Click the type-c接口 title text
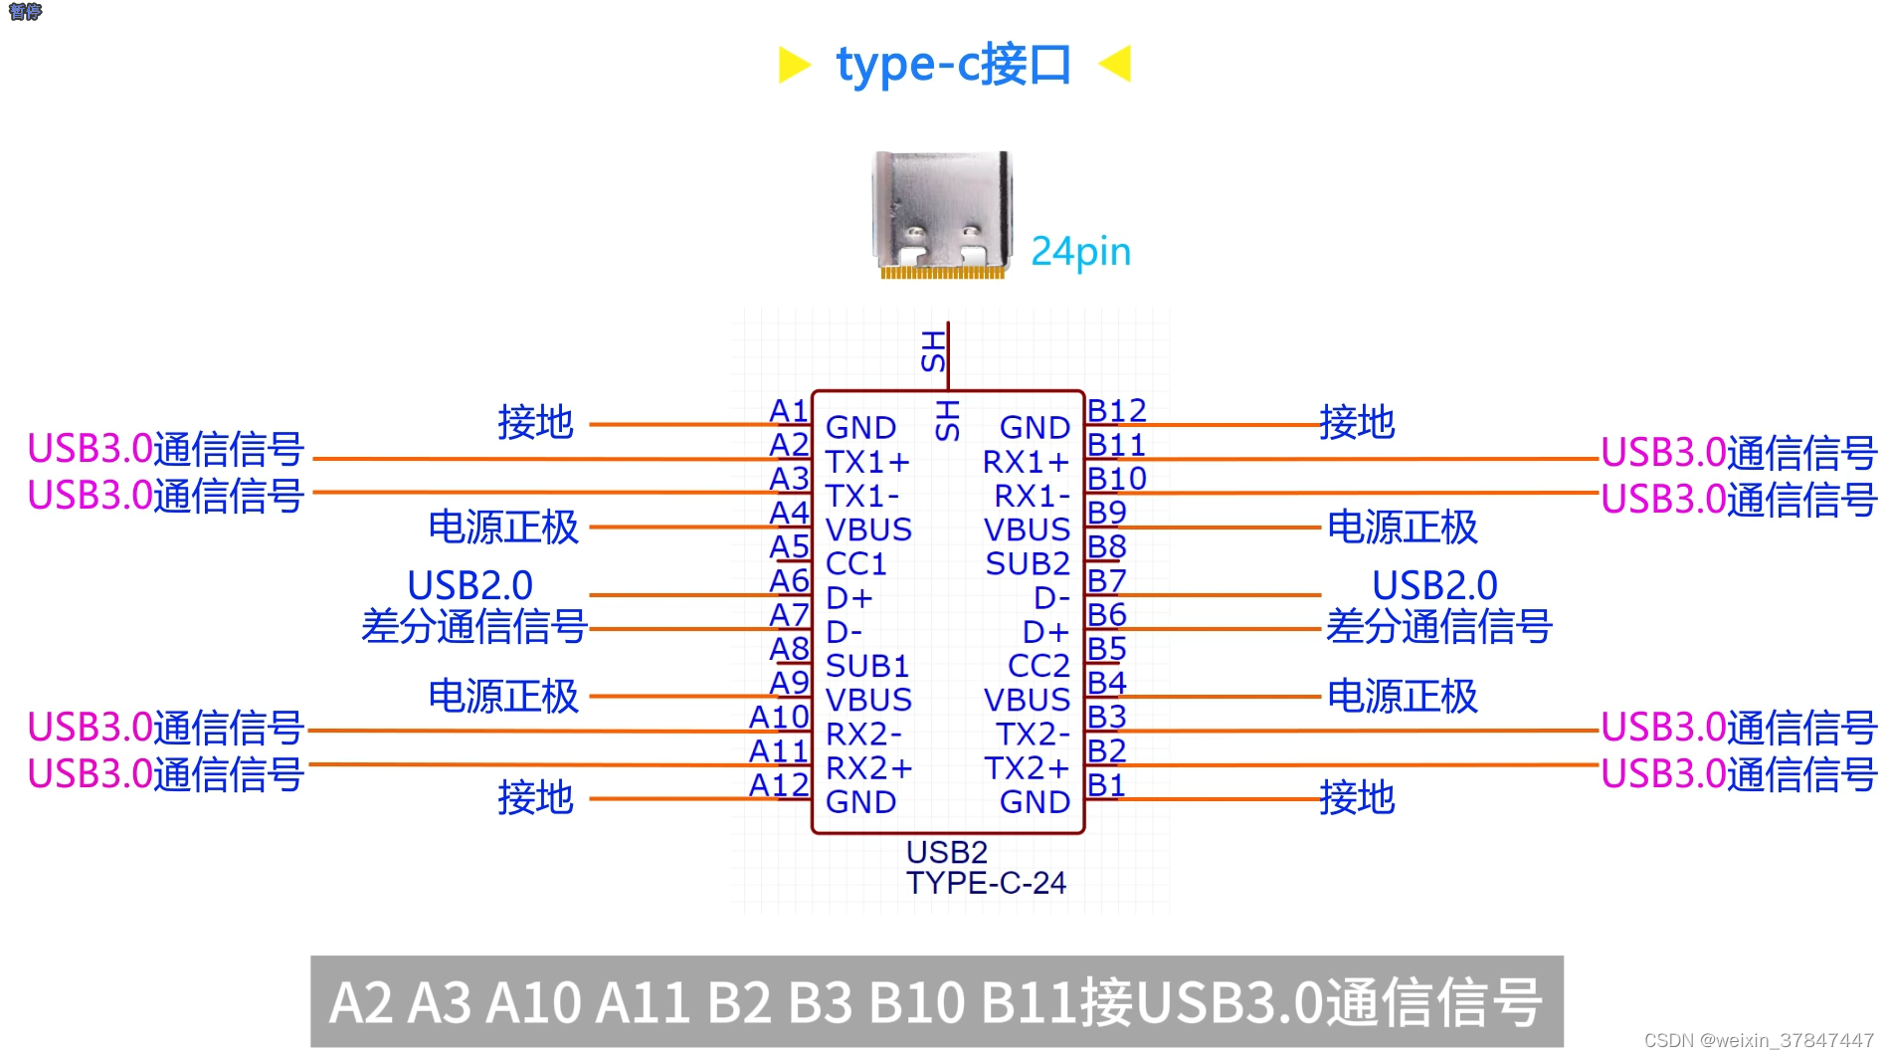click(x=953, y=65)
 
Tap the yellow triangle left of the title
click(x=793, y=65)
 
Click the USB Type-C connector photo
click(x=942, y=214)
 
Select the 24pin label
click(x=1080, y=252)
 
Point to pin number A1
click(x=789, y=410)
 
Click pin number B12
click(x=1116, y=410)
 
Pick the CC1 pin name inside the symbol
click(x=855, y=563)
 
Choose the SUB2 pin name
click(x=1028, y=563)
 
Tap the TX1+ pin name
click(x=867, y=462)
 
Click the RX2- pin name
click(x=863, y=734)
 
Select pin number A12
click(x=779, y=785)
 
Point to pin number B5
click(x=1106, y=649)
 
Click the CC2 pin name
click(x=1039, y=665)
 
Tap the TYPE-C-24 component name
click(x=986, y=883)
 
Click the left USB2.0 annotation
click(x=470, y=585)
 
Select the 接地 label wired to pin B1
click(x=1357, y=798)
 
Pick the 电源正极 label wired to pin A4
click(x=503, y=528)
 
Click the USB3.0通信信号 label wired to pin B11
click(x=1739, y=453)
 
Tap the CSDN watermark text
click(x=1758, y=1040)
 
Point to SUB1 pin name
click(x=867, y=665)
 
